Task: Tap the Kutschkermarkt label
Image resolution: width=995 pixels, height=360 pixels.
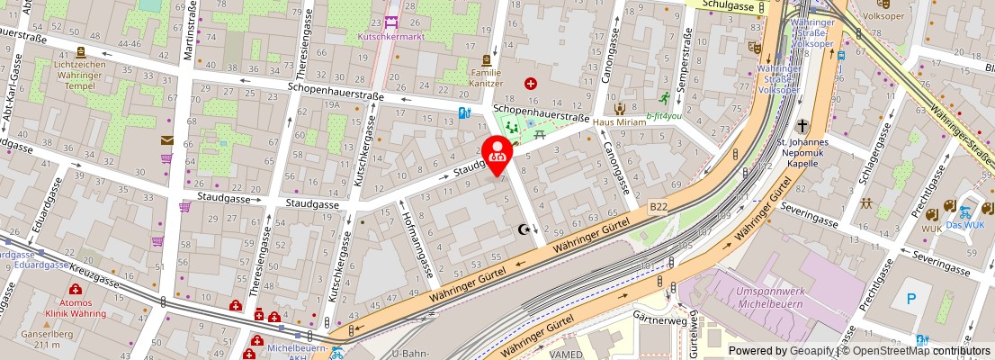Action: click(390, 37)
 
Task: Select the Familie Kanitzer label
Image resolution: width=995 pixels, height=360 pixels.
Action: click(486, 76)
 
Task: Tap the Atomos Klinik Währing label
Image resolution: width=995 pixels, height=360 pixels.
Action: click(76, 309)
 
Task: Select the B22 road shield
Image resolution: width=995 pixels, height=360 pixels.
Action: click(659, 206)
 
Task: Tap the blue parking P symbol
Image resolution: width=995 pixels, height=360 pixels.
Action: click(913, 298)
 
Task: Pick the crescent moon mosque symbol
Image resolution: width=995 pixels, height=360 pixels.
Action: click(523, 229)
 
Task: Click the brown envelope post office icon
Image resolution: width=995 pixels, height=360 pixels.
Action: click(166, 139)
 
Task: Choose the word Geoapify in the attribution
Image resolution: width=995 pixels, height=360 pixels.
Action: click(811, 351)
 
